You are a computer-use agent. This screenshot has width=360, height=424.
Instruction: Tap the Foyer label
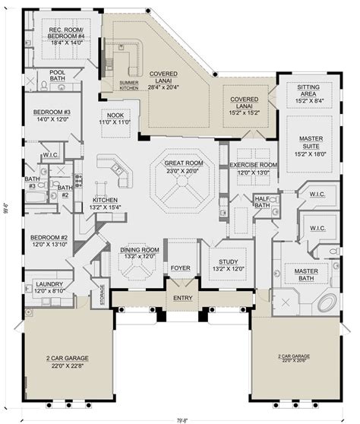coord(180,267)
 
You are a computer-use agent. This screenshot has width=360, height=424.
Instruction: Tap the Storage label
coord(103,291)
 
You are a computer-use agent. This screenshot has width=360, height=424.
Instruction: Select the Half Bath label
coord(263,201)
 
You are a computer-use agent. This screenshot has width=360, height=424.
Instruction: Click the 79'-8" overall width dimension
coord(180,417)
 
